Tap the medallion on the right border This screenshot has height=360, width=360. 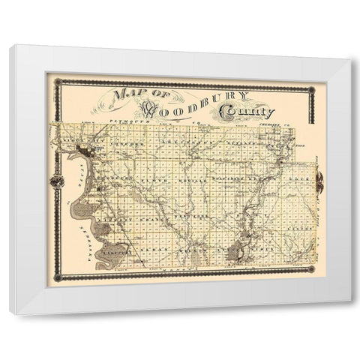click(x=319, y=180)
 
